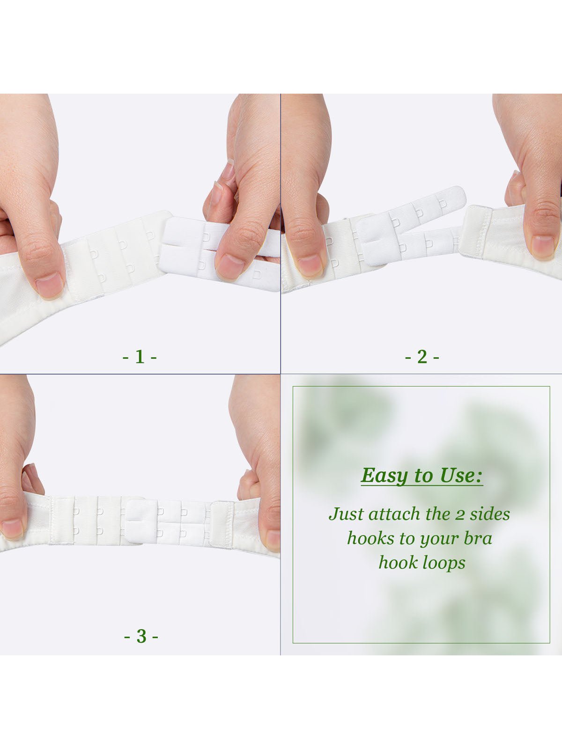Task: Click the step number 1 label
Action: point(140,357)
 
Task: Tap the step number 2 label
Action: point(422,357)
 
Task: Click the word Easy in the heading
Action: point(384,476)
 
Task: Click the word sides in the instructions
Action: point(489,514)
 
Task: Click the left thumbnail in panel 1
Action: point(49,286)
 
